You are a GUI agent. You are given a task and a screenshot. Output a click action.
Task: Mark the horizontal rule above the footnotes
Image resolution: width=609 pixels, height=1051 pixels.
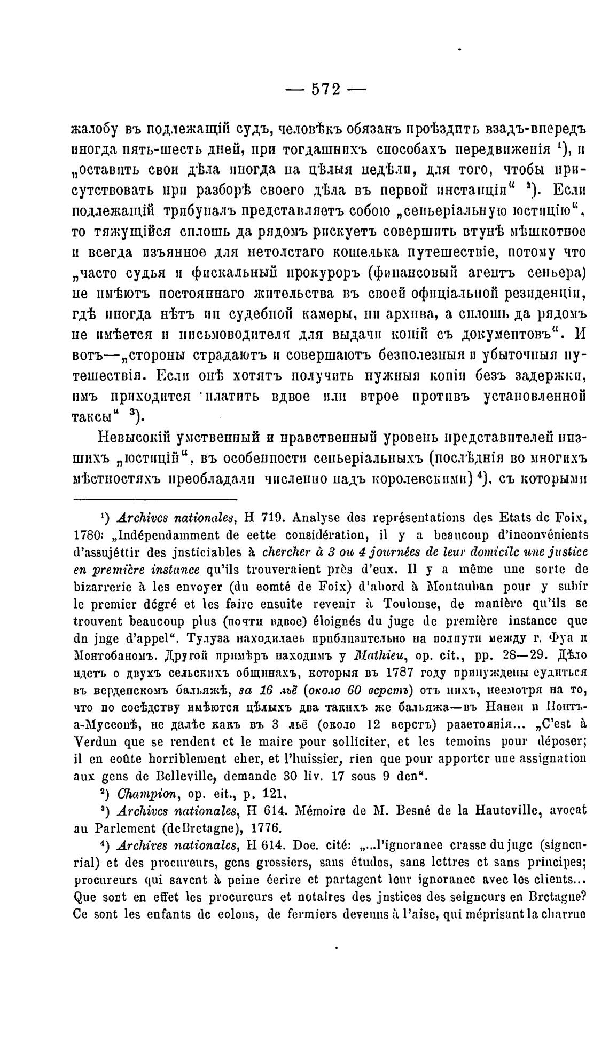(154, 500)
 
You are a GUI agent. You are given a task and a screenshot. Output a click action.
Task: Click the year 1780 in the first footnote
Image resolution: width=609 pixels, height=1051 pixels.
(83, 535)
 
